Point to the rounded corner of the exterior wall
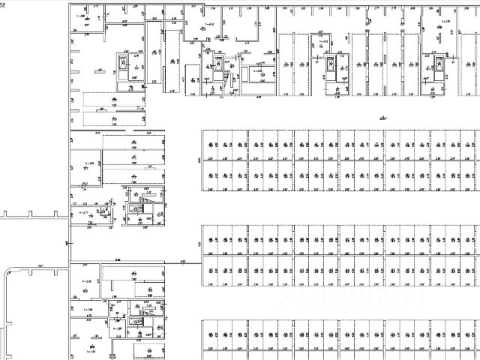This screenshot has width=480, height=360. (x=8, y=271)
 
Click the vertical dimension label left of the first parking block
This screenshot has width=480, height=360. (x=198, y=160)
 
